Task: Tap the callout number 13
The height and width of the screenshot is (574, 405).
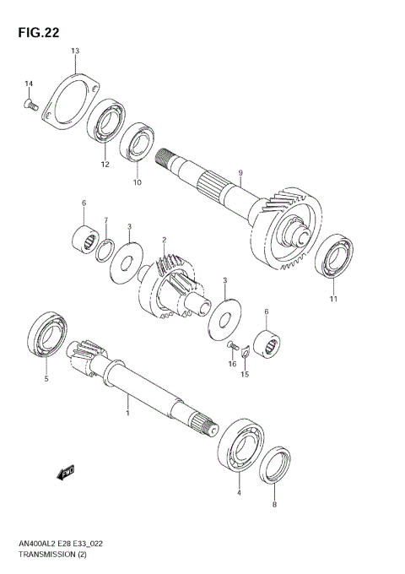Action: (74, 51)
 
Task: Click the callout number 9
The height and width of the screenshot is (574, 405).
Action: (240, 173)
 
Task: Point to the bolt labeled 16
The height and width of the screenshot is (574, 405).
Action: (231, 346)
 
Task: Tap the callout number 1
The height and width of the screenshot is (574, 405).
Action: (127, 414)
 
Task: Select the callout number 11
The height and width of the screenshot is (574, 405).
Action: (332, 299)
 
